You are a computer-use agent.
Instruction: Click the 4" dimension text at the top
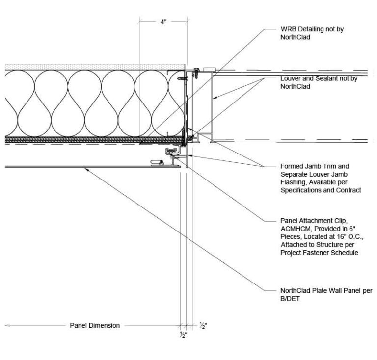click(x=163, y=23)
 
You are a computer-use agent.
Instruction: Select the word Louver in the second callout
click(x=290, y=79)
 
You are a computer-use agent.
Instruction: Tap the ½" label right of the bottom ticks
click(x=203, y=325)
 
